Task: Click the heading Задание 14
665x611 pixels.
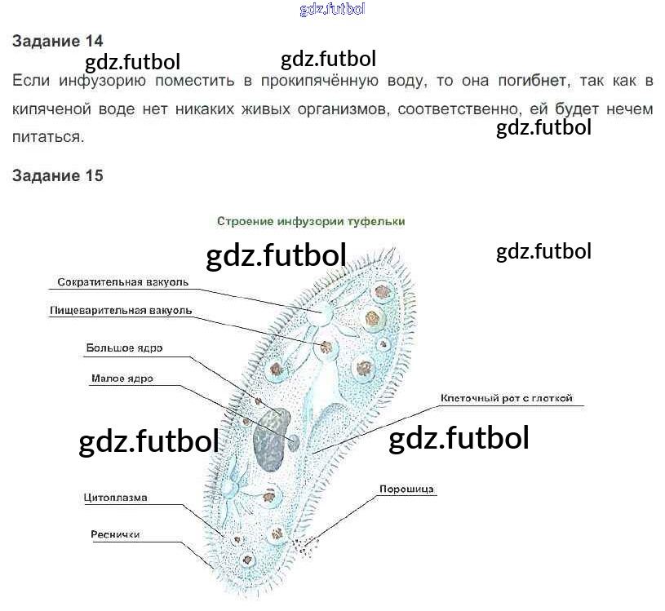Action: point(57,42)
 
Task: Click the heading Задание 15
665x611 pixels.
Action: point(57,175)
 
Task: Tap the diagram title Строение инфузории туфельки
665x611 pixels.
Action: point(311,221)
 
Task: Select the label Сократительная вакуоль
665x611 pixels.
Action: point(122,282)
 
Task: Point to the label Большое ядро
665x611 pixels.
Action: point(124,348)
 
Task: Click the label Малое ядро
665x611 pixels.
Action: point(122,379)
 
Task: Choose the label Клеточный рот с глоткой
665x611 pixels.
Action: point(506,399)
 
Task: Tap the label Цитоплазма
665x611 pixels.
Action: point(115,497)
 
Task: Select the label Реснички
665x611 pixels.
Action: point(115,534)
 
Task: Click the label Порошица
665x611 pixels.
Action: point(406,490)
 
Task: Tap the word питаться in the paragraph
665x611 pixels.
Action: point(47,137)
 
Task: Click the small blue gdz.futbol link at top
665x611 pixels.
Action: point(332,10)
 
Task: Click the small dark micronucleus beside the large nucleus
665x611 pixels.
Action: point(295,441)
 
